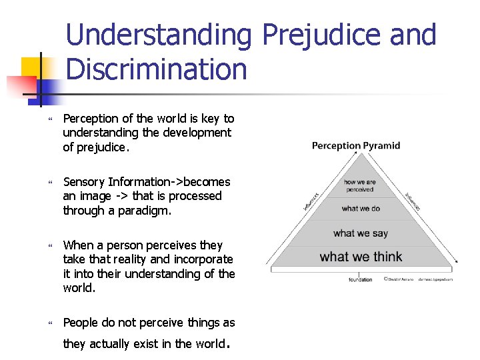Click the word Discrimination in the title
point(157,69)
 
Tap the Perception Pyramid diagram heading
point(356,145)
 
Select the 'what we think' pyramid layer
point(361,257)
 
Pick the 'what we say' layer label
point(361,233)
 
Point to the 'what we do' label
point(361,209)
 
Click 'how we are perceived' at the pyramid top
point(360,185)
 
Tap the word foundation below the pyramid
point(361,279)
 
